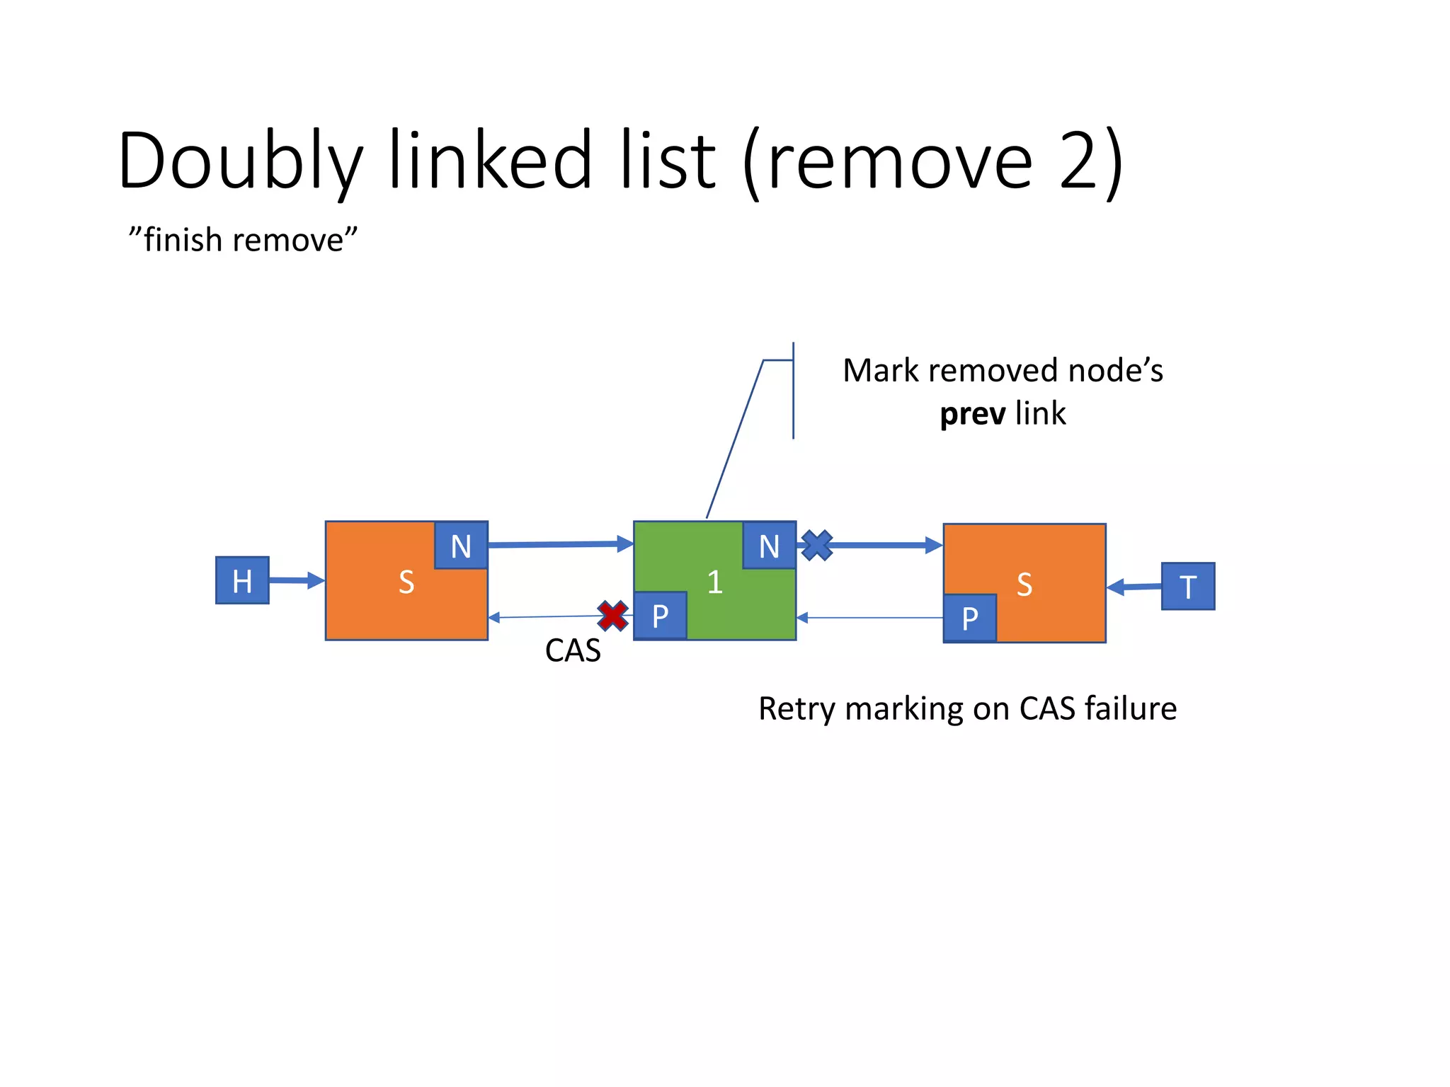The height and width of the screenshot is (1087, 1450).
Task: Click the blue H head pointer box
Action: click(242, 580)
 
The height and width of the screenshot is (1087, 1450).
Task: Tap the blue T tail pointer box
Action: click(1188, 586)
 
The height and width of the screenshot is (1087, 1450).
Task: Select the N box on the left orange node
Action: click(461, 546)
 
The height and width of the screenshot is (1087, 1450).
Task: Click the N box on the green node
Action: click(769, 546)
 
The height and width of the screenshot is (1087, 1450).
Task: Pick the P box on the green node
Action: click(660, 616)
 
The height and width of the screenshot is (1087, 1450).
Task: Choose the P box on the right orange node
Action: click(970, 619)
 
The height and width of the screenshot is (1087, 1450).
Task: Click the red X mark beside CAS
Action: click(612, 616)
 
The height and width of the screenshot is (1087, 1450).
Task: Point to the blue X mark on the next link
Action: click(817, 546)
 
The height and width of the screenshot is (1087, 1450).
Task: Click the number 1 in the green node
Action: click(715, 582)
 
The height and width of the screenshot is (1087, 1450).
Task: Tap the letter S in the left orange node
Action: click(406, 582)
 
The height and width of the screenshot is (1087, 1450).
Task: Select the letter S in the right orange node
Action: click(1024, 585)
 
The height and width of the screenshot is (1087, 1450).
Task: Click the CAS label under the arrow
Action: click(573, 650)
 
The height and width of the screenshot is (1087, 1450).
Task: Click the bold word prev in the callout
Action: click(972, 414)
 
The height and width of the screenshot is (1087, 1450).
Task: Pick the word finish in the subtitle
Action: click(183, 240)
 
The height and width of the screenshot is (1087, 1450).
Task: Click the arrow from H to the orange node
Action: click(297, 581)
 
